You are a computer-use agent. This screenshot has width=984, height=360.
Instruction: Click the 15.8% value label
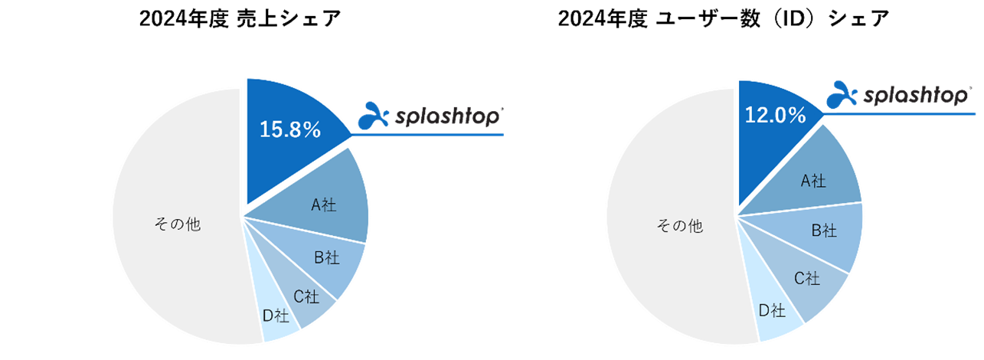click(289, 131)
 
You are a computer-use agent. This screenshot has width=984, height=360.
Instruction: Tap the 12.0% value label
click(775, 116)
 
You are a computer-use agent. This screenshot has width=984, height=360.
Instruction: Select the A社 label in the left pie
click(323, 205)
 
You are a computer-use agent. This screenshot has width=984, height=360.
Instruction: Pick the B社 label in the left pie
click(326, 258)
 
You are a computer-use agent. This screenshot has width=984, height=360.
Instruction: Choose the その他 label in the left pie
click(178, 226)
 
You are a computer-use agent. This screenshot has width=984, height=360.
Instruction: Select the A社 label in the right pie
click(813, 181)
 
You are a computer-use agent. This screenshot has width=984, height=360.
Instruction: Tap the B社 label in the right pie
click(824, 230)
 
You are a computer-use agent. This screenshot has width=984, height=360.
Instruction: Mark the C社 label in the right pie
click(806, 279)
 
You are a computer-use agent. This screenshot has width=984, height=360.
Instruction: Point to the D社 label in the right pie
click(772, 310)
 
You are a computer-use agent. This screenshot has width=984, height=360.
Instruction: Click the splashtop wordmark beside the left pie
click(450, 117)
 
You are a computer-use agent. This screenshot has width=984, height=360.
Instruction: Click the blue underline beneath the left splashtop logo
click(429, 136)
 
